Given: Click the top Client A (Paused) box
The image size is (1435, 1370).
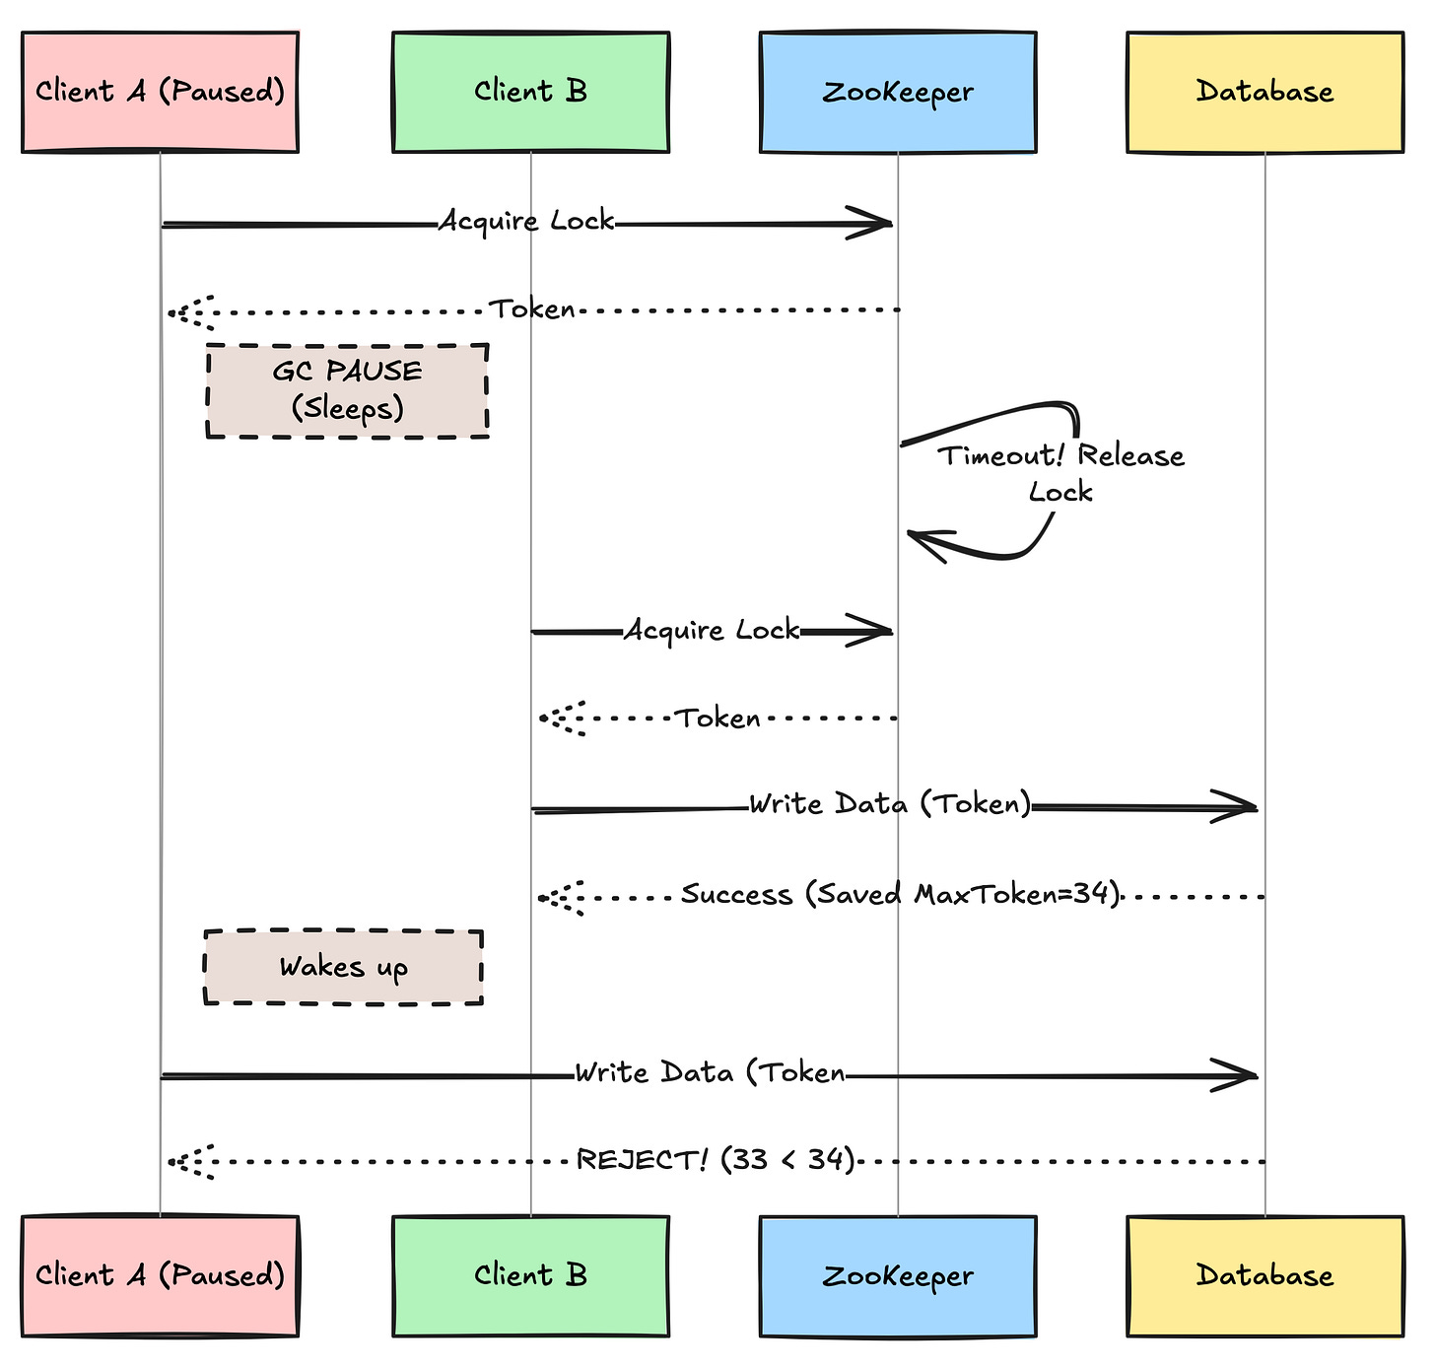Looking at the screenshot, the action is [x=160, y=93].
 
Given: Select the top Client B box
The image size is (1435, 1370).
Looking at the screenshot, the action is [x=531, y=93].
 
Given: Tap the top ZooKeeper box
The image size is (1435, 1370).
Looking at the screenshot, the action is [x=898, y=93].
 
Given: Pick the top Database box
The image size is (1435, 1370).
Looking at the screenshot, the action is [x=1265, y=93].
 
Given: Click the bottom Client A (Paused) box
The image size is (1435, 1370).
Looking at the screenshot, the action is [x=160, y=1276].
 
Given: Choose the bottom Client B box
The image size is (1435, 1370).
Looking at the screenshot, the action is [x=531, y=1276].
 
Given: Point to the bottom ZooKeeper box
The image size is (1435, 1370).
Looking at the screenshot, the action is [x=898, y=1276].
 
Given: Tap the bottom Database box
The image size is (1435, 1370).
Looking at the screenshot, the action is [x=1265, y=1276].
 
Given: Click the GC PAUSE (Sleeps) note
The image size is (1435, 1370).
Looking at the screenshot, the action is [x=347, y=391].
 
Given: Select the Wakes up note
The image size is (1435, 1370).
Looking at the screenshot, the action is [x=344, y=967].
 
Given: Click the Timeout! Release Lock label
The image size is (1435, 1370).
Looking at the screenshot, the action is [x=1060, y=473].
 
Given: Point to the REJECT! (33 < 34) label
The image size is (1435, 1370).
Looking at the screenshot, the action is [x=715, y=1160].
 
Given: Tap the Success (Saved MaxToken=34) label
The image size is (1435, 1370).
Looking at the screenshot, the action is [x=900, y=894].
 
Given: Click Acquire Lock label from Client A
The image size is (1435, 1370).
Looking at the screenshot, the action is [x=526, y=221].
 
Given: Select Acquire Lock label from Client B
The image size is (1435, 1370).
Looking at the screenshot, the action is [x=712, y=631].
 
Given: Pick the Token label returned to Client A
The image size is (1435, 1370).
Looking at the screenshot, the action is [x=531, y=308].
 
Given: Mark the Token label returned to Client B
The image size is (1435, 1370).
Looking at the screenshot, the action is [x=717, y=719].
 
